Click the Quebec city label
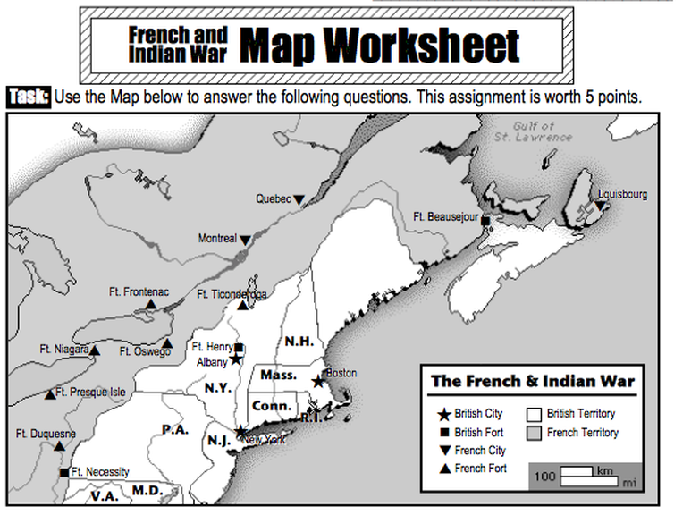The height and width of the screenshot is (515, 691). point(274,198)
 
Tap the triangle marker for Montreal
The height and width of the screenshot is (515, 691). point(245,239)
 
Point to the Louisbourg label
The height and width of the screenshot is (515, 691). point(623,194)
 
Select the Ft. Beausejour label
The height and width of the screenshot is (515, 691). point(446,216)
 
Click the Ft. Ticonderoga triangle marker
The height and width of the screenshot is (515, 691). point(242,305)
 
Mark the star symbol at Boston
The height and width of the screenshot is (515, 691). point(317,382)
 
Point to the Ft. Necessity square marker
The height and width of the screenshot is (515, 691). point(63,472)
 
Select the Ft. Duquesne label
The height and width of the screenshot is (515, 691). point(46,434)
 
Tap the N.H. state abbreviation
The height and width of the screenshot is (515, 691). point(298,342)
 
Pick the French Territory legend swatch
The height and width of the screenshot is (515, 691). point(535,433)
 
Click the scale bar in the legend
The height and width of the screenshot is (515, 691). point(590,476)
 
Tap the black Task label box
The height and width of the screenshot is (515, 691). point(29,97)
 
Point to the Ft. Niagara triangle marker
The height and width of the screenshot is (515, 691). point(95,350)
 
